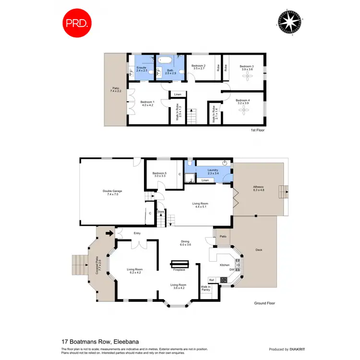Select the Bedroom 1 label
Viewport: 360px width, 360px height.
click(x=147, y=103)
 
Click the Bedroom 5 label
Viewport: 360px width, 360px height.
click(x=159, y=174)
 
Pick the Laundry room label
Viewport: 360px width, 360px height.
click(x=213, y=171)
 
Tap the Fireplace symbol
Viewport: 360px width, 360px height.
click(x=180, y=264)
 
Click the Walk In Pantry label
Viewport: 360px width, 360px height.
click(x=205, y=288)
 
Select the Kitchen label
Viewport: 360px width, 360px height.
click(x=224, y=264)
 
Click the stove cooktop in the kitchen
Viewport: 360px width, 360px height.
click(x=224, y=280)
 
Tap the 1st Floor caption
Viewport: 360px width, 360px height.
click(x=257, y=130)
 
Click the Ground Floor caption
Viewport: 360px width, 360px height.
click(x=264, y=303)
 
